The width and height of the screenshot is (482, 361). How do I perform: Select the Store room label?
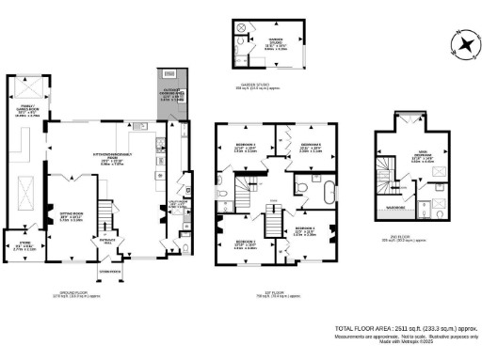coord(26,223)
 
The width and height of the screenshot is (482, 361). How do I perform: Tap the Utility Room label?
coord(176,202)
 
